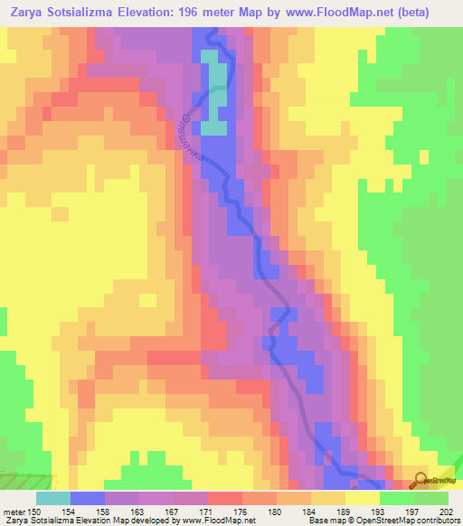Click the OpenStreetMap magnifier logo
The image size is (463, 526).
coord(420,480)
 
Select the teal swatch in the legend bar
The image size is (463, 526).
coord(53,497)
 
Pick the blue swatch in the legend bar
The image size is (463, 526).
coord(88,497)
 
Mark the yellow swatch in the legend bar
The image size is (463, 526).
coord(363,497)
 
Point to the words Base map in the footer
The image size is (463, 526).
coord(314,520)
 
